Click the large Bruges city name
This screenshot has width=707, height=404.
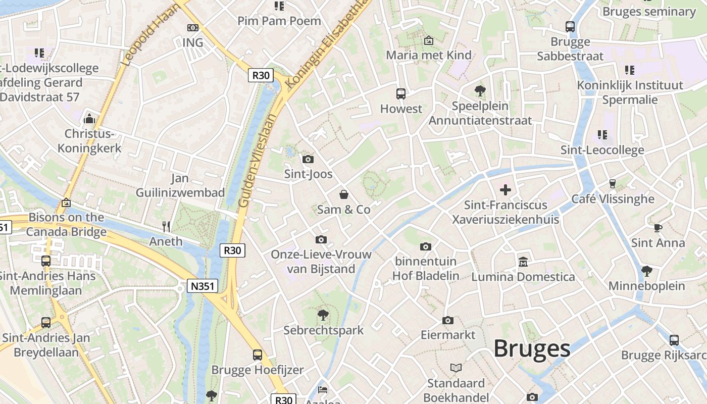532,348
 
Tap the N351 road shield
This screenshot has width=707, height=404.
202,286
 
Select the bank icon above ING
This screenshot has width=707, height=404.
192,28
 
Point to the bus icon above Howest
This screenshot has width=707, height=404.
400,93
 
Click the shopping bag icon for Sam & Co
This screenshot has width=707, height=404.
343,194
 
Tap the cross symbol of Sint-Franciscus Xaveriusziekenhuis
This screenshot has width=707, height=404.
505,190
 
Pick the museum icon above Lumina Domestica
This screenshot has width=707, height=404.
523,262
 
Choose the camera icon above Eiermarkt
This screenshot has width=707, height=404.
447,320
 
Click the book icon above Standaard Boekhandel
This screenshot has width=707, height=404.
456,368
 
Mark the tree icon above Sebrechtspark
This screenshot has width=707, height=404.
323,315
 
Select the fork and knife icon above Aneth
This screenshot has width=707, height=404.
166,226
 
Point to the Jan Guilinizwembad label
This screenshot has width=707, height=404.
180,185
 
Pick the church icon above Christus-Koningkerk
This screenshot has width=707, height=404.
89,119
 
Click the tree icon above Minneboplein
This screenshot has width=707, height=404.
646,271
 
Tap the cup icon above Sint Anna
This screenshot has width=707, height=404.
658,228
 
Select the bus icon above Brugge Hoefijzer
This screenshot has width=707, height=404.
258,355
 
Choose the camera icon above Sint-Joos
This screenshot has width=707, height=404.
308,160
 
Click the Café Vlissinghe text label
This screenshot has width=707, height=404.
613,199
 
